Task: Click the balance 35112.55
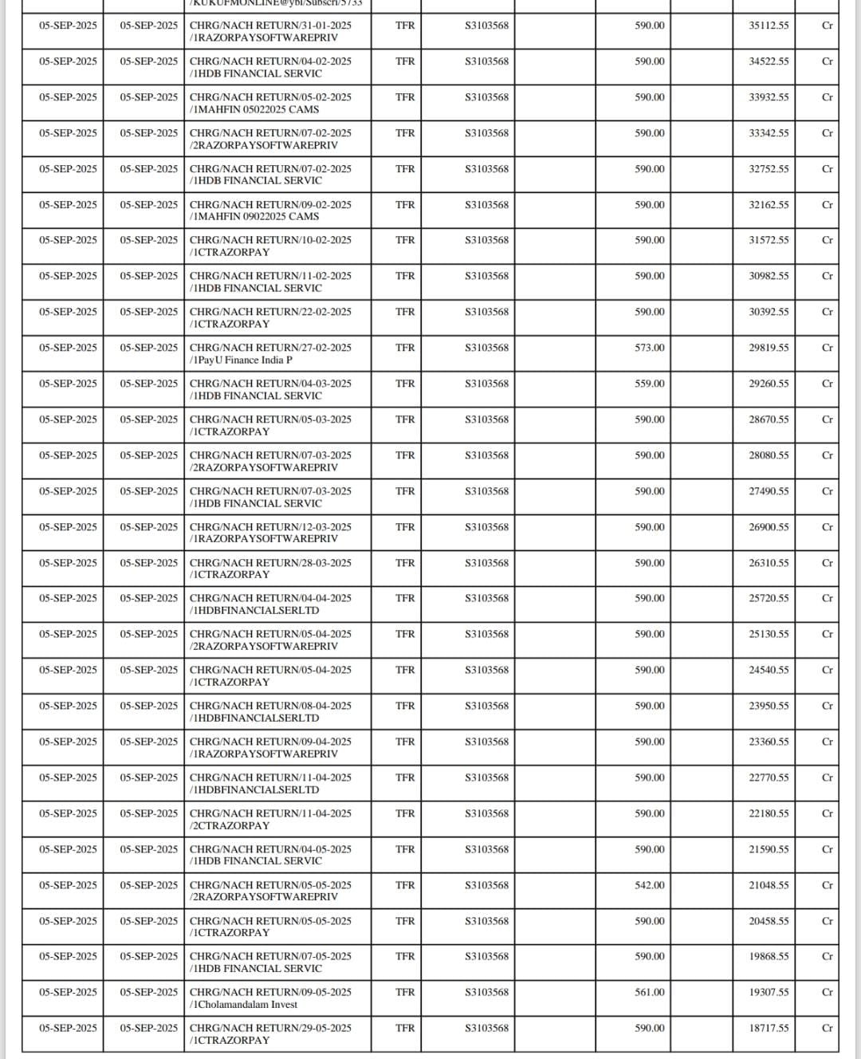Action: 769,26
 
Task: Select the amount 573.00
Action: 649,348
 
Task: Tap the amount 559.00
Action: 649,384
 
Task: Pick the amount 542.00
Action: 649,885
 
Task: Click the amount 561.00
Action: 649,992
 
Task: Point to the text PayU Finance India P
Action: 243,360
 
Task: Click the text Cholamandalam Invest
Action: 246,1005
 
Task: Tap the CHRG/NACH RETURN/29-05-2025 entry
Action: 270,1028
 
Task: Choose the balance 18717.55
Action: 769,1028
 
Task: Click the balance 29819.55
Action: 769,348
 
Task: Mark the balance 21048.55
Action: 769,885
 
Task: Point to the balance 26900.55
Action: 769,527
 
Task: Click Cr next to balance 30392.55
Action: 827,312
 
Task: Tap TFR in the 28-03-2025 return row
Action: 405,563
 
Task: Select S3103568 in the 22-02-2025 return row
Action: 486,312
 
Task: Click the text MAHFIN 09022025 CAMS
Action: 256,217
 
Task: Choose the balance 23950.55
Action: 769,706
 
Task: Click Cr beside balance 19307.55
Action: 827,992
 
